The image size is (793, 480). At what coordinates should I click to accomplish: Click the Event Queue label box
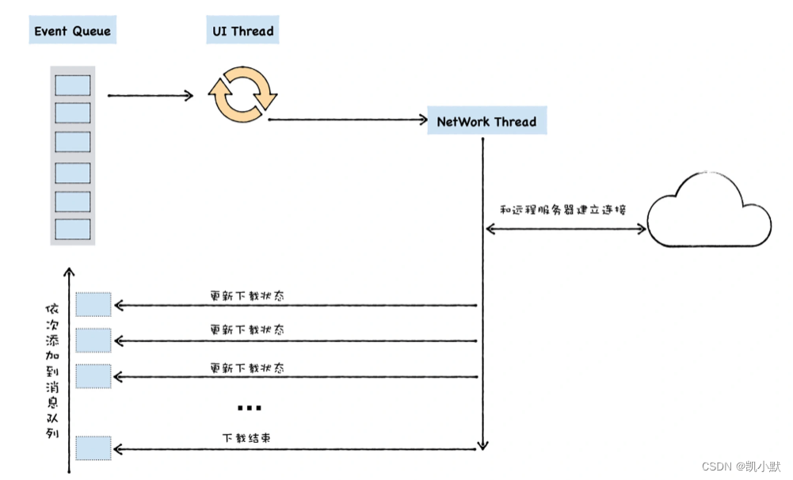(72, 32)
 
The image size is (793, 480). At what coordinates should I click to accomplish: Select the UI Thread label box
(242, 32)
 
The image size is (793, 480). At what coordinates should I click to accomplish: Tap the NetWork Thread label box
(486, 122)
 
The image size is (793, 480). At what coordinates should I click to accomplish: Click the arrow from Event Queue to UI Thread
(151, 96)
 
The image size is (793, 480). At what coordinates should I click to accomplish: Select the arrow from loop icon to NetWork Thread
(348, 120)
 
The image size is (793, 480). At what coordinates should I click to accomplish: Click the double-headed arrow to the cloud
(566, 229)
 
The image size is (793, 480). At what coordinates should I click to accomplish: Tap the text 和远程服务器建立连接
(563, 210)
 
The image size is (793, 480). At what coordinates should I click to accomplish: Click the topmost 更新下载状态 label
(247, 295)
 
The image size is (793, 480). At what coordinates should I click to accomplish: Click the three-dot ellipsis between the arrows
(249, 408)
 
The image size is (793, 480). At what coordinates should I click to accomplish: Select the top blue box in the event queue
(72, 85)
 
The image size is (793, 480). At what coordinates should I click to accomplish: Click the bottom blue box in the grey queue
(72, 229)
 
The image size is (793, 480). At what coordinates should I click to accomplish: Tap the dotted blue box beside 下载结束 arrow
(93, 448)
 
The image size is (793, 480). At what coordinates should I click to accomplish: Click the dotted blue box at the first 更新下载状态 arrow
(93, 305)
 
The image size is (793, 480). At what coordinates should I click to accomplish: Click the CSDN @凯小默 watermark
(741, 467)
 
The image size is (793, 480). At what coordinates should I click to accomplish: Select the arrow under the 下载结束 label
(297, 450)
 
